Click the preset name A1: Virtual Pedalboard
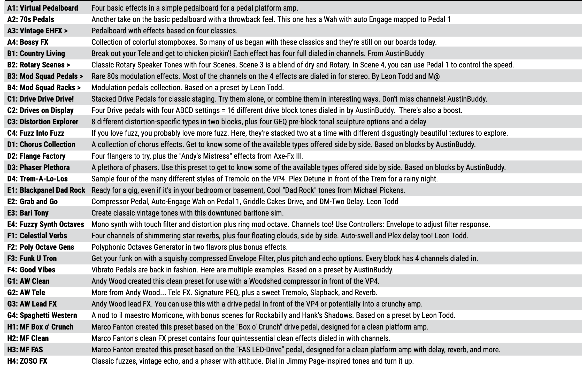43,8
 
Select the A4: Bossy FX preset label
28,42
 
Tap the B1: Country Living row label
36,53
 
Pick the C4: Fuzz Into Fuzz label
36,133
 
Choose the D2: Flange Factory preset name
36,156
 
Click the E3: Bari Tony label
28,213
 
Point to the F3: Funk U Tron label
32,258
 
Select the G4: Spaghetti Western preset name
42,315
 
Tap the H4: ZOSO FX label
27,361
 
